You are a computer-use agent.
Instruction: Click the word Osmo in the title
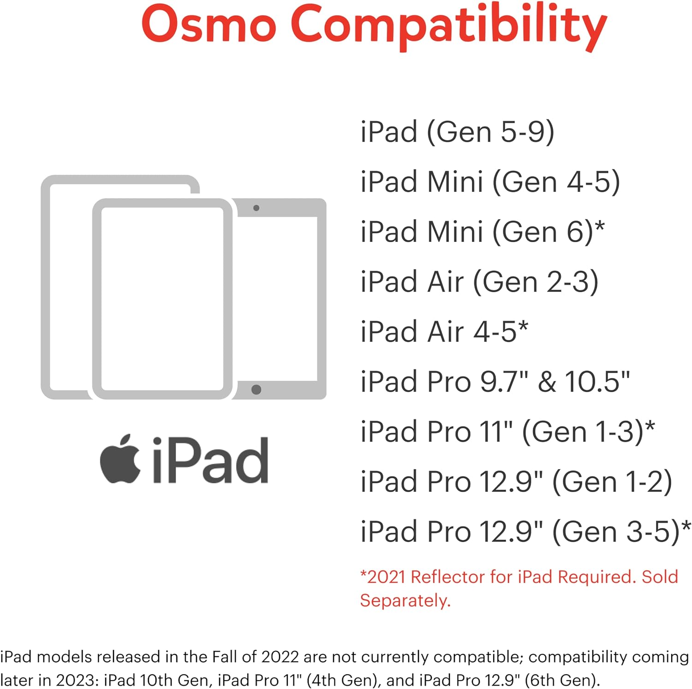209,24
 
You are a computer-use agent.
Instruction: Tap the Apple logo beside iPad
120,459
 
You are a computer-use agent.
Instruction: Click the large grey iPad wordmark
210,460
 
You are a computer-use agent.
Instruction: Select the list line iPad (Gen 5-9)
457,132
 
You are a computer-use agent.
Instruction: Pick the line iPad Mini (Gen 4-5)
490,182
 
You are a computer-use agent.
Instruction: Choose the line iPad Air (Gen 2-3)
479,282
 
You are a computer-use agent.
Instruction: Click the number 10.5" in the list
597,382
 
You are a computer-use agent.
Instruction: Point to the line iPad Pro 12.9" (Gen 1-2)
516,482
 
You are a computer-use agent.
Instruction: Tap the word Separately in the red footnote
404,600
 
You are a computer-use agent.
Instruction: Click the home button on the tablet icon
257,390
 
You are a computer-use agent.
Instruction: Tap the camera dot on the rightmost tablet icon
257,208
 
